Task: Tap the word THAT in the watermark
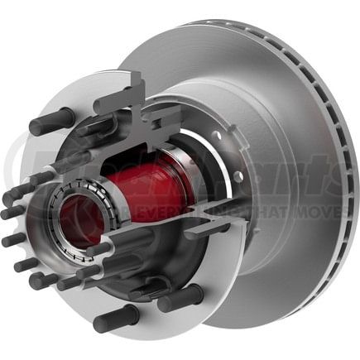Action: point(264,214)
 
